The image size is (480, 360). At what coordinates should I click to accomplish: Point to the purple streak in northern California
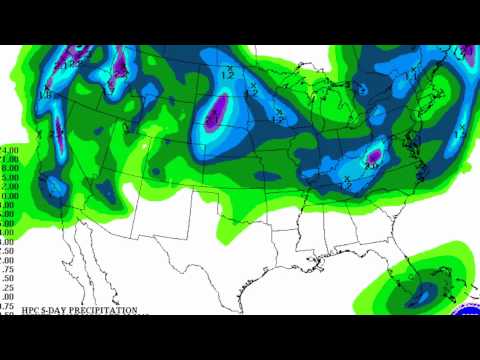coord(57,130)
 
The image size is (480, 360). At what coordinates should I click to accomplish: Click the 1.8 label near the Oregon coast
coord(44,95)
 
